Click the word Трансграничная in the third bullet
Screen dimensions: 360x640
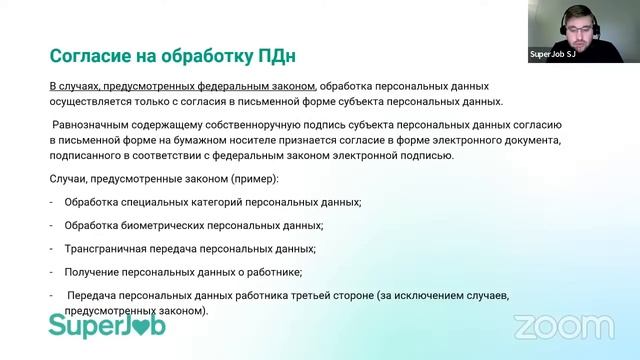[x=107, y=249]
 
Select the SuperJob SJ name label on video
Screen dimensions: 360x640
[x=551, y=55]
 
